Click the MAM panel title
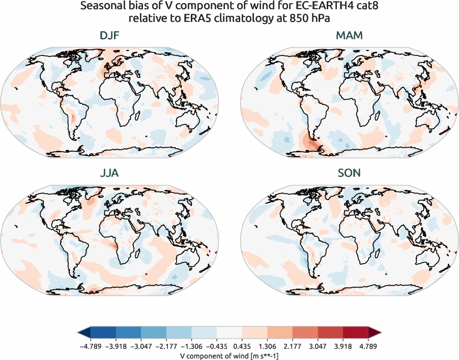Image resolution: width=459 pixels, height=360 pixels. point(350,36)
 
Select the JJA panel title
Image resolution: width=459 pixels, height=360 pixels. point(109,174)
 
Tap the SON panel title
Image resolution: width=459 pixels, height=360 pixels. point(350,174)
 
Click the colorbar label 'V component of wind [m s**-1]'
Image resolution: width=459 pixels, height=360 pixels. point(230,356)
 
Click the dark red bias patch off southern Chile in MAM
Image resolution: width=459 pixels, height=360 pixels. point(310,144)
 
